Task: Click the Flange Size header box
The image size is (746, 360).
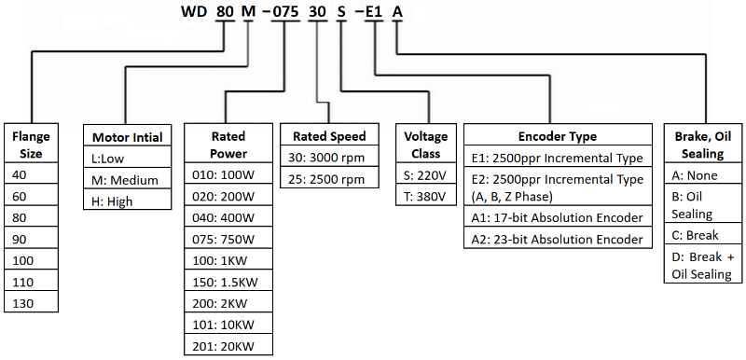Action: [31, 145]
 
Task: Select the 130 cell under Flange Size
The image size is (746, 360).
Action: [31, 302]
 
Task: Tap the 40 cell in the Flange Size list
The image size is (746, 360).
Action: [31, 174]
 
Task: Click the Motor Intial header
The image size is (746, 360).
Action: [128, 137]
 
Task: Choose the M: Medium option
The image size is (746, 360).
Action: [128, 179]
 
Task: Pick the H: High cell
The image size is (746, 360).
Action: [128, 200]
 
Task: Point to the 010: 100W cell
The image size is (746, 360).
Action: [228, 174]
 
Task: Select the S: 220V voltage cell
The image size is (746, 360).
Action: [425, 174]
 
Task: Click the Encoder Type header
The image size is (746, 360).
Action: [558, 135]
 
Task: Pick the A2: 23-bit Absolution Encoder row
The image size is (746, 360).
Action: [558, 239]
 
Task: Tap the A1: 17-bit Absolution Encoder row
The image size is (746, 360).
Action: [558, 217]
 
